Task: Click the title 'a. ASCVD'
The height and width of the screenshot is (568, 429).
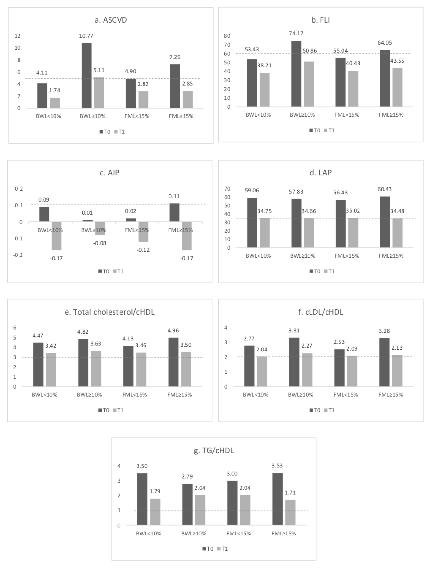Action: (111, 20)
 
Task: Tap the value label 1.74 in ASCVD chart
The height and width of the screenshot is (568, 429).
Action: (54, 90)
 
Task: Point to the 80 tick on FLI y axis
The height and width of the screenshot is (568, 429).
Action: (227, 36)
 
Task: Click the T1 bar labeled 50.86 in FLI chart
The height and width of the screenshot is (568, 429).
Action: (309, 84)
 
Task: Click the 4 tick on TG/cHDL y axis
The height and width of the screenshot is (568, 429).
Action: (119, 466)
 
